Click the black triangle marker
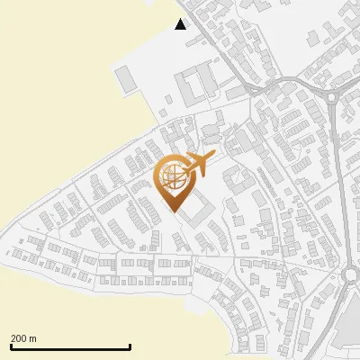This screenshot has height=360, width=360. (181, 24)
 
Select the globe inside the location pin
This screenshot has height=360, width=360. (172, 175)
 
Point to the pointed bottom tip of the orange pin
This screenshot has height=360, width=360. (174, 210)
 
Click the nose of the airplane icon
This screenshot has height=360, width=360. (213, 155)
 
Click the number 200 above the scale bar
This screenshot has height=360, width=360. (19, 338)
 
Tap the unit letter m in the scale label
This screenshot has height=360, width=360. (33, 338)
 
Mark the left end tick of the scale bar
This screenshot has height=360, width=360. (10, 346)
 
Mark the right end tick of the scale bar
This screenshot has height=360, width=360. (130, 346)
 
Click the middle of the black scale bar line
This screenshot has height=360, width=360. (70, 346)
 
